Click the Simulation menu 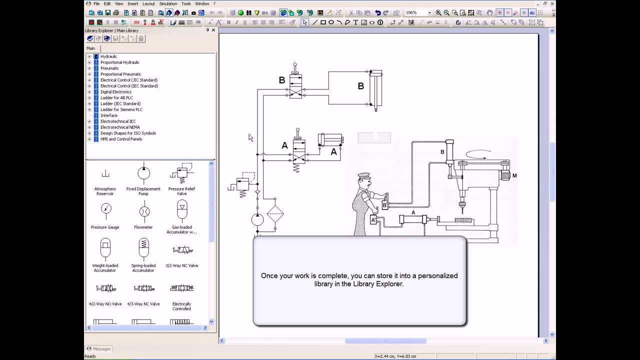pyautogui.click(x=168, y=3)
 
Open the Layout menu pyautogui.click(x=148, y=3)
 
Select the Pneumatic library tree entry pyautogui.click(x=109, y=68)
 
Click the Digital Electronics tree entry pyautogui.click(x=115, y=91)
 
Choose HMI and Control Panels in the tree pyautogui.click(x=121, y=139)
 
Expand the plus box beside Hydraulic pyautogui.click(x=89, y=56)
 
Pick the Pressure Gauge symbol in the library pyautogui.click(x=106, y=211)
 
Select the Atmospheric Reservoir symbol pyautogui.click(x=105, y=173)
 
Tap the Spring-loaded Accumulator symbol pyautogui.click(x=143, y=248)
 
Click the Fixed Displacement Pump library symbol pyautogui.click(x=143, y=173)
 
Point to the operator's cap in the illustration pyautogui.click(x=364, y=175)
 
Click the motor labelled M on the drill pyautogui.click(x=505, y=174)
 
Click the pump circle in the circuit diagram pyautogui.click(x=257, y=219)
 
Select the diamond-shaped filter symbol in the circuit pyautogui.click(x=275, y=213)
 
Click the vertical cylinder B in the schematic pyautogui.click(x=375, y=88)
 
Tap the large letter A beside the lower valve pyautogui.click(x=284, y=145)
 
